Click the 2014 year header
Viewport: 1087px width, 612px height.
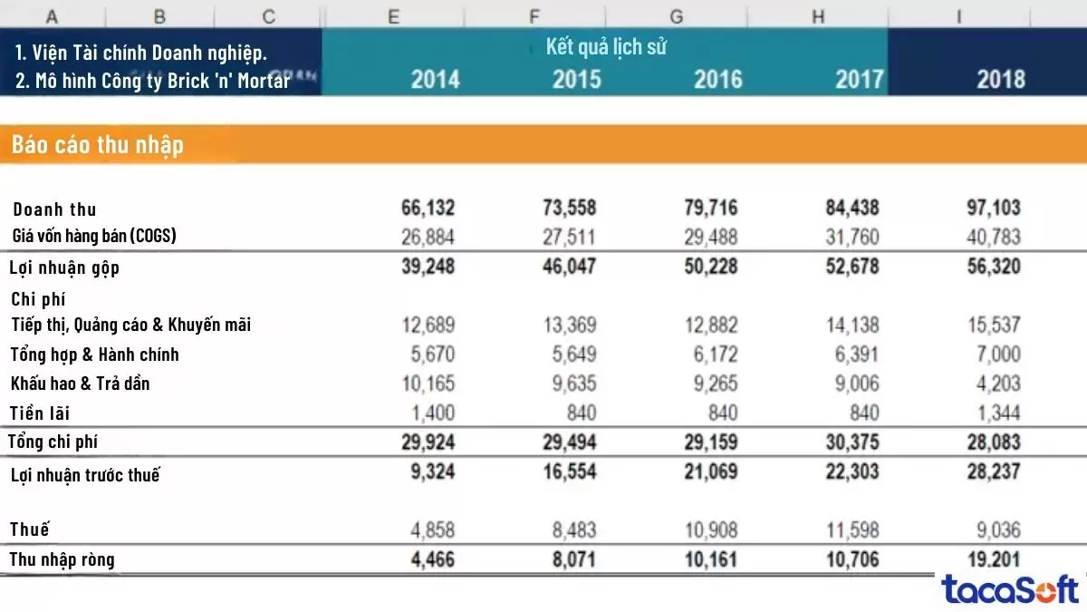[435, 79]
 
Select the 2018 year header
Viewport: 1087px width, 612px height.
[1000, 79]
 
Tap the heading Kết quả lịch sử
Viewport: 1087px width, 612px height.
[606, 47]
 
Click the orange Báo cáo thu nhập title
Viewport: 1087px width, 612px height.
[98, 145]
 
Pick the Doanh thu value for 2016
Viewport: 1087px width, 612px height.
[711, 208]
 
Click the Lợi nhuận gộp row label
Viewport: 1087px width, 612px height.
[64, 267]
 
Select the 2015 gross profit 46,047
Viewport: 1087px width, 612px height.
[570, 267]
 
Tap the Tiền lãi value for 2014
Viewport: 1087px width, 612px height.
[428, 413]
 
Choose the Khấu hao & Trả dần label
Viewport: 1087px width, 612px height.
[81, 384]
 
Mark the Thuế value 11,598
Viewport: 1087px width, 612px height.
[851, 529]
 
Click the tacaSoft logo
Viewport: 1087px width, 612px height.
[1010, 589]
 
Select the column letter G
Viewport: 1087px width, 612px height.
[677, 15]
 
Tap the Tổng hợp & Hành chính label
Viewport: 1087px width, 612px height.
[95, 355]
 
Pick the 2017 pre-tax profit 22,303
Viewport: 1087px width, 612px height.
[851, 471]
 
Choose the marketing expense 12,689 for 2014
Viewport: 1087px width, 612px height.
[428, 325]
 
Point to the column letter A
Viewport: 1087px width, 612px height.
[52, 15]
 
